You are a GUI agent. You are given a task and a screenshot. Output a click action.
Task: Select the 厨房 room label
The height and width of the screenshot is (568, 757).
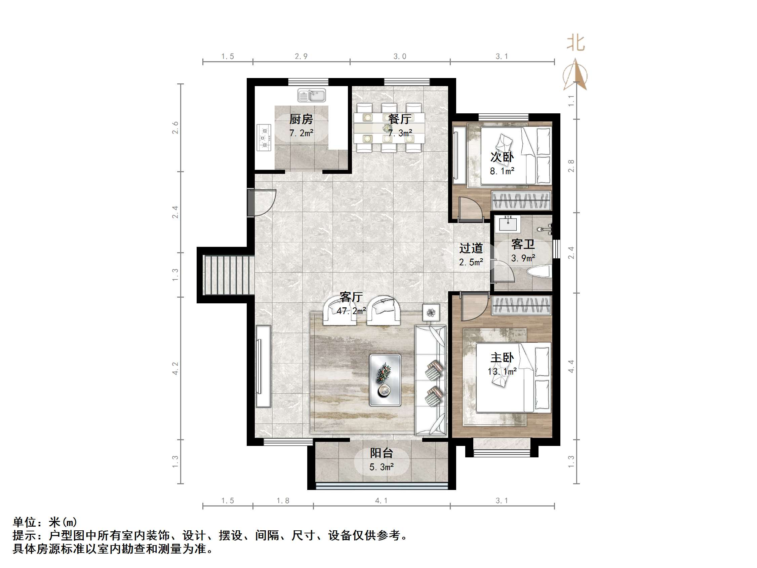click(x=301, y=119)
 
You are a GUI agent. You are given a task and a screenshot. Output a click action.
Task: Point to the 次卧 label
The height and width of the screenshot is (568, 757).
click(x=502, y=157)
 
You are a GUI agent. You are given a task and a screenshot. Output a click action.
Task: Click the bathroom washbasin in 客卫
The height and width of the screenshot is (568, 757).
click(x=508, y=224)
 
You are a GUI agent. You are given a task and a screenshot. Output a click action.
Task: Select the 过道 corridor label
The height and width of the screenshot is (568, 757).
click(x=471, y=248)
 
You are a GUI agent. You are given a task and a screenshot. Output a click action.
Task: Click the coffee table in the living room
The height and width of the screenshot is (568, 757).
click(x=385, y=380)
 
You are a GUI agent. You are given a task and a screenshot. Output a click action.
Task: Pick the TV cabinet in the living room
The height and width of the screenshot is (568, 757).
click(x=263, y=366)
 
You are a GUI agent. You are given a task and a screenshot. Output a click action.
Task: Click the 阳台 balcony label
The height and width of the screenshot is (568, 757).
click(x=381, y=453)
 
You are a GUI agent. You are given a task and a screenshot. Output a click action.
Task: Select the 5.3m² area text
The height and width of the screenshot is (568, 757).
click(x=381, y=467)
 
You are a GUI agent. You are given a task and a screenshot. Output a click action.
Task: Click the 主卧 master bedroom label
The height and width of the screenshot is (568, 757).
click(x=502, y=358)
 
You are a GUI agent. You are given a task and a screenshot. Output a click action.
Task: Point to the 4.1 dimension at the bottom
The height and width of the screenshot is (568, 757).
click(x=381, y=500)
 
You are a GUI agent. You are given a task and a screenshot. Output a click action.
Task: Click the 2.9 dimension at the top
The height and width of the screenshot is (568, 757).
click(x=301, y=56)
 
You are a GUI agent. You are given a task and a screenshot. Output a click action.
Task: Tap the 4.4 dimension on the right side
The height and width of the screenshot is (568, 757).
click(x=571, y=366)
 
